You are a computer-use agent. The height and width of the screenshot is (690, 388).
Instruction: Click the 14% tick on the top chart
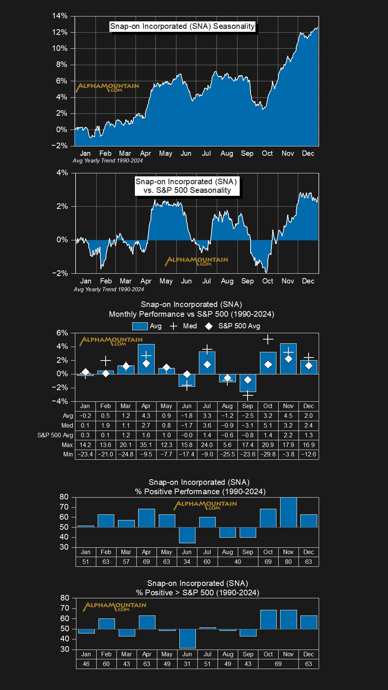coord(60,16)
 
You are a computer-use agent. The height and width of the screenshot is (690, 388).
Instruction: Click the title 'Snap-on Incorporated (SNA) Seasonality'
coord(182,26)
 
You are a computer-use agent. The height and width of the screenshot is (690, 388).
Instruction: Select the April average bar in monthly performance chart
coord(146,359)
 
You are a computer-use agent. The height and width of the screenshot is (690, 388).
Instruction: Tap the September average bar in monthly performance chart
coord(248,383)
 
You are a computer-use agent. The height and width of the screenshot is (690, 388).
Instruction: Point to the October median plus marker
coord(268,340)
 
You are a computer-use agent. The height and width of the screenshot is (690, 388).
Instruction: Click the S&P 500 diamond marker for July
coord(207,365)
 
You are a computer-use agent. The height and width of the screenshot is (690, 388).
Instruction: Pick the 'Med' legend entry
coord(184,326)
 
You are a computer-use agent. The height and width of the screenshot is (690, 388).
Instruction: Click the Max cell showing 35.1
coord(146,445)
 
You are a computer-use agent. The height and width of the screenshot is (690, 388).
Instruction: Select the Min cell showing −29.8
coord(268,454)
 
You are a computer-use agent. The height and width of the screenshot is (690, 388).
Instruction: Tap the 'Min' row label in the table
coord(68,454)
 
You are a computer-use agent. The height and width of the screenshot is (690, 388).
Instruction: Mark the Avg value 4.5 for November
coord(288,416)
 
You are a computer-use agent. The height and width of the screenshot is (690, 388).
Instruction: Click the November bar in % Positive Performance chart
coord(288,512)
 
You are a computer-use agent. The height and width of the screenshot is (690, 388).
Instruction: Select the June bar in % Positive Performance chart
coord(187,535)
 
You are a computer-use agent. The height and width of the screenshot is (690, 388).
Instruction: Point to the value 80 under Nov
coord(288,562)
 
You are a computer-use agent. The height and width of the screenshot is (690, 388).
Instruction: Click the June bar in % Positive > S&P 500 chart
coord(187,638)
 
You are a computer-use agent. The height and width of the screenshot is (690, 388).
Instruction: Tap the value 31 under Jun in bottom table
coord(187,664)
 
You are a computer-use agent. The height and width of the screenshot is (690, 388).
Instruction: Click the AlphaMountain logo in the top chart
coord(107,87)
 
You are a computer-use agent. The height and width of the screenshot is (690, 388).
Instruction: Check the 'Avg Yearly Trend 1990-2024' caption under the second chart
coord(109,289)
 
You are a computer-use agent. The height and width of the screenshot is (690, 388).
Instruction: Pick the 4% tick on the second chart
coord(62,173)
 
